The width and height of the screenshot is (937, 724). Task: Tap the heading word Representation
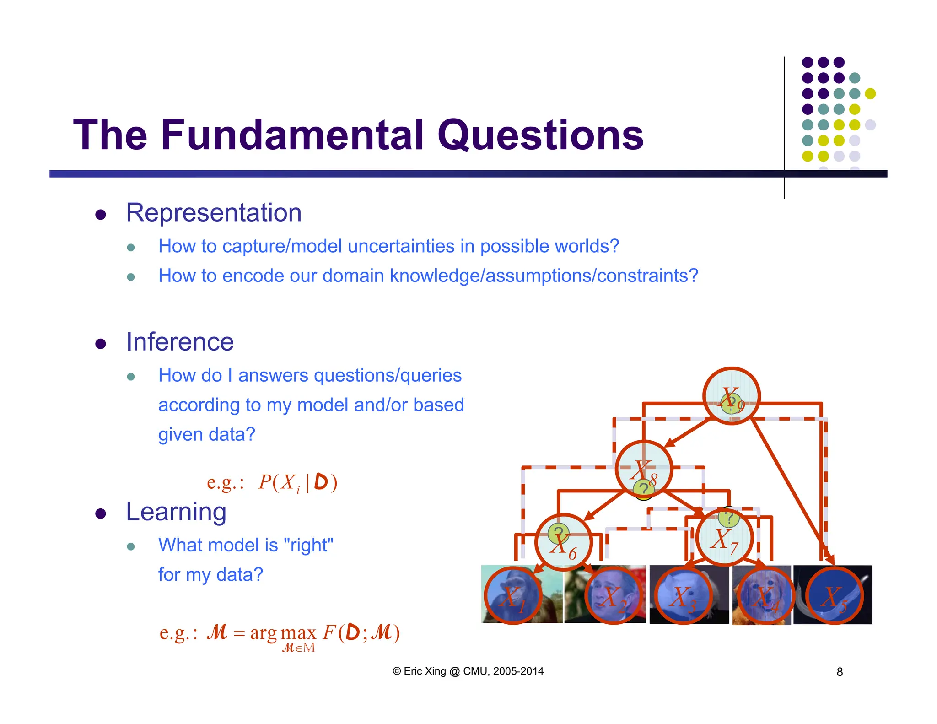(214, 213)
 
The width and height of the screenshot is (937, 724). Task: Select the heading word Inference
(180, 342)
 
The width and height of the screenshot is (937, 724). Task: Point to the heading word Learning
(176, 512)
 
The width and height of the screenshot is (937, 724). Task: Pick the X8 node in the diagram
(644, 470)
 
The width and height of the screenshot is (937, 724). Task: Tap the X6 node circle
(564, 543)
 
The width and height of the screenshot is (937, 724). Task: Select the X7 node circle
(724, 538)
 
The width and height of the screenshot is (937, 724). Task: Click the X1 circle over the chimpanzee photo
(513, 596)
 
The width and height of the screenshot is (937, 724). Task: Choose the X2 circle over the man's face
(614, 596)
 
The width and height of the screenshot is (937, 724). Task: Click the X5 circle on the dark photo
(834, 596)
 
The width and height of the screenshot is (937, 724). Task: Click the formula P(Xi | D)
(297, 482)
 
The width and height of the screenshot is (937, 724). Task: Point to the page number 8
(840, 672)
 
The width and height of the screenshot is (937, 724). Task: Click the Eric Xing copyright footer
(468, 671)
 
